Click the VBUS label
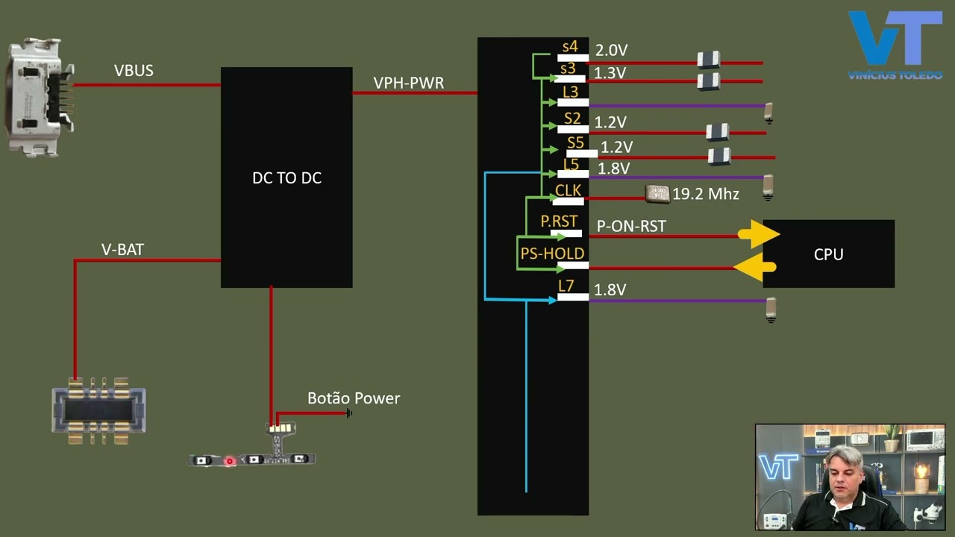[134, 71]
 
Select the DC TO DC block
[286, 178]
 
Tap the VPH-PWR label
[408, 83]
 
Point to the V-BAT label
[122, 250]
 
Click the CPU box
[828, 254]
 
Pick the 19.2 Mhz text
[705, 195]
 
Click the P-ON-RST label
[631, 226]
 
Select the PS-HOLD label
[552, 254]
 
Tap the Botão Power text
[354, 398]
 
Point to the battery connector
[98, 411]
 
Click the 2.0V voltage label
[611, 51]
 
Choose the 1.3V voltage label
[610, 73]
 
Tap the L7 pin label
[566, 286]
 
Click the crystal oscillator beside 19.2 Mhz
[657, 193]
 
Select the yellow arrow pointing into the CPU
[759, 234]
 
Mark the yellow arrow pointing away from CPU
[755, 266]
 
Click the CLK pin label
[568, 190]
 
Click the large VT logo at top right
[895, 41]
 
